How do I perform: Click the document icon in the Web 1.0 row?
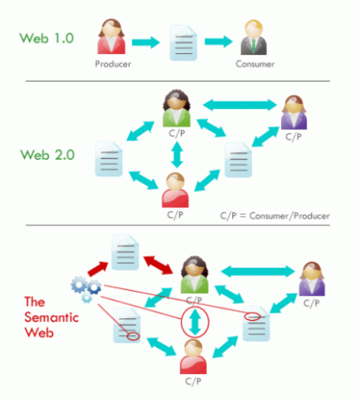pos(183,42)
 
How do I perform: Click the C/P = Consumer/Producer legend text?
pos(274,215)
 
